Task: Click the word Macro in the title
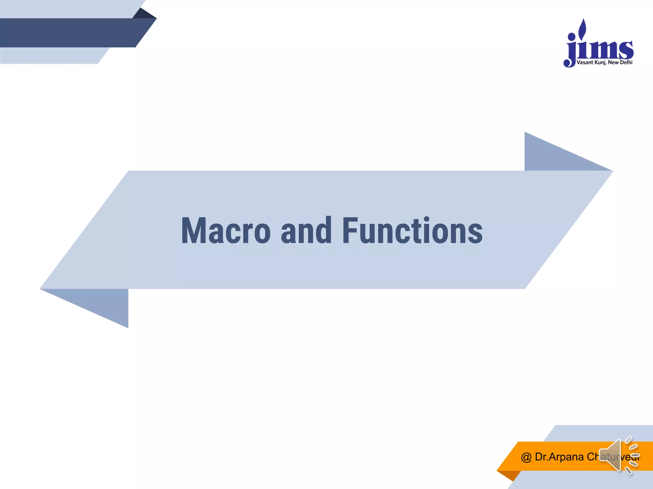point(226,231)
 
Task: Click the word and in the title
point(306,231)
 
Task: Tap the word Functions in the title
point(412,231)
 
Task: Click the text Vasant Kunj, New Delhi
point(605,62)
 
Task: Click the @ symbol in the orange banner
point(526,457)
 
